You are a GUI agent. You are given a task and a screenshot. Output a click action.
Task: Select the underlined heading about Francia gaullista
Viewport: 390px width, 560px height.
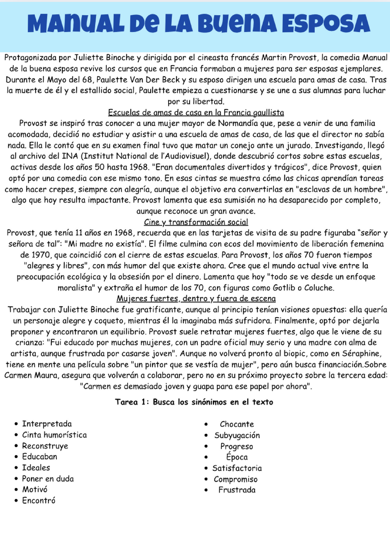pos(196,112)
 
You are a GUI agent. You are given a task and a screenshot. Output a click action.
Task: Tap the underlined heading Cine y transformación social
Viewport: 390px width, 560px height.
pos(196,222)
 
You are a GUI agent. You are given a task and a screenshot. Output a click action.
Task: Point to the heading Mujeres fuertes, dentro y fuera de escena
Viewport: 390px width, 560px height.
pos(196,299)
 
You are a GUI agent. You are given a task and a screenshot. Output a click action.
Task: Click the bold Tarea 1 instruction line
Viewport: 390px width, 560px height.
pos(194,402)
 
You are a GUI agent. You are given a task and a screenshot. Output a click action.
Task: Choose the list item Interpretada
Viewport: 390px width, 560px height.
pos(47,424)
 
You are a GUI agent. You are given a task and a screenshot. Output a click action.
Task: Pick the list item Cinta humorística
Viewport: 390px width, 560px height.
pos(54,435)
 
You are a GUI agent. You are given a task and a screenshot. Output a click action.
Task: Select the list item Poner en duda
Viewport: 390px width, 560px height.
pos(48,479)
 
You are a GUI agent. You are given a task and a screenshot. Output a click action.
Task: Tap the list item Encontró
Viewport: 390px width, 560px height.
pos(39,501)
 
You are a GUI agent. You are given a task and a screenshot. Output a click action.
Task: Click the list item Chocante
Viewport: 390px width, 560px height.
pos(237,424)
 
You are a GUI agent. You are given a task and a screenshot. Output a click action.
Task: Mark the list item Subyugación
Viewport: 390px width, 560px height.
pos(237,435)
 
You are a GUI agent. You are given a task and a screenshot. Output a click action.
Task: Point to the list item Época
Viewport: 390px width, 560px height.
pos(237,457)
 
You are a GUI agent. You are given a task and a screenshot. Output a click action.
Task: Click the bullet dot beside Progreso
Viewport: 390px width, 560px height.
pos(206,446)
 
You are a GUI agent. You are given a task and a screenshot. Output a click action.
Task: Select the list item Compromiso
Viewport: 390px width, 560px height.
pos(235,479)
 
